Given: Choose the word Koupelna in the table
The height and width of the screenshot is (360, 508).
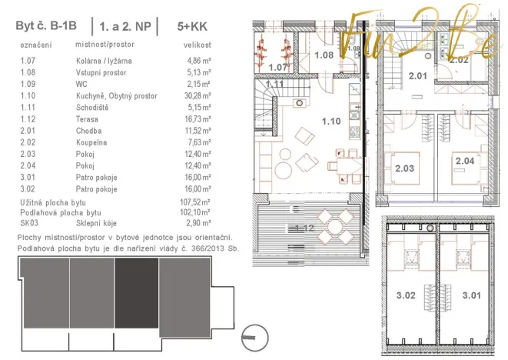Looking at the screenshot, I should click(x=91, y=142).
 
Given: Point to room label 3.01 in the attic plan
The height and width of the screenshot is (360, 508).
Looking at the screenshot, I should click(x=470, y=293).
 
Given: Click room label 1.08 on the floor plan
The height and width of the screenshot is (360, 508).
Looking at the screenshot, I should click(x=325, y=55).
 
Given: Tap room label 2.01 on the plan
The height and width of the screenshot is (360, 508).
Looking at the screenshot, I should click(x=417, y=75).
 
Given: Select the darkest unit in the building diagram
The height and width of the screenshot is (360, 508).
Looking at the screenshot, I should click(x=135, y=293).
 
